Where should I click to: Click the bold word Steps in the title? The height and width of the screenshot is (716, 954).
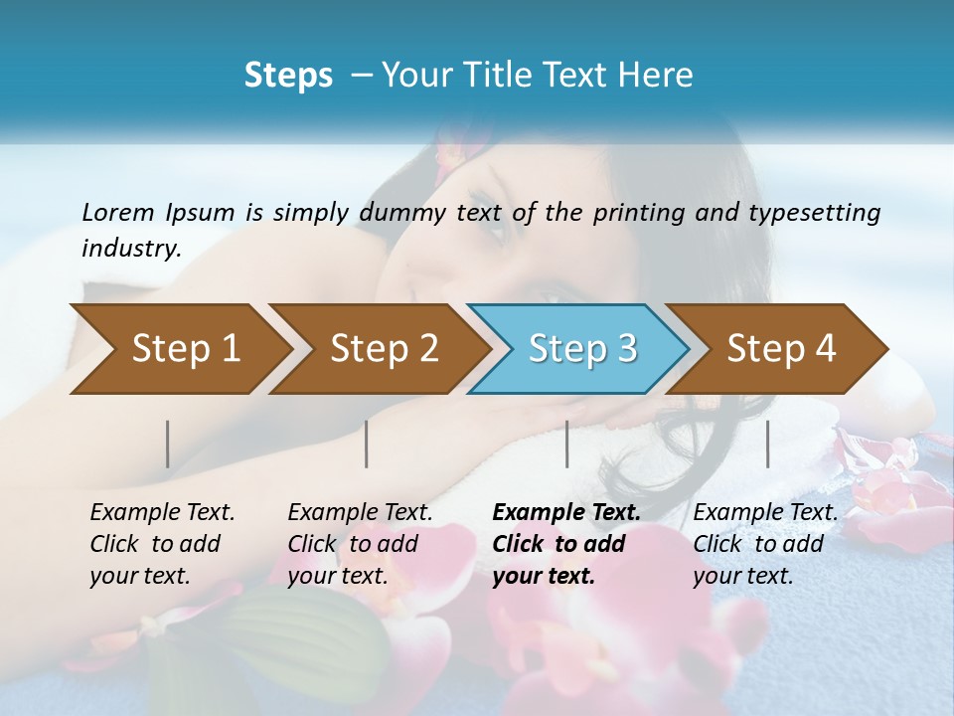pos(288,76)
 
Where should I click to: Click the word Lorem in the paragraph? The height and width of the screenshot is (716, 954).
pos(117,213)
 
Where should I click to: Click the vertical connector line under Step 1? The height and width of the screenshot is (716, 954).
pos(168,444)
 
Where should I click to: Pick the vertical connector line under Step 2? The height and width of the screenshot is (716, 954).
pos(367,444)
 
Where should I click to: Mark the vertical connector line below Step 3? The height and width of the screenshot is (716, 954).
pos(567,444)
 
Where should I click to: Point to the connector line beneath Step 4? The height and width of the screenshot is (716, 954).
pos(768,444)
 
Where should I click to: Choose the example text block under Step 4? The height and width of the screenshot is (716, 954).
pos(765,544)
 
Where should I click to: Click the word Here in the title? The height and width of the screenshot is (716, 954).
pos(660,76)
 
